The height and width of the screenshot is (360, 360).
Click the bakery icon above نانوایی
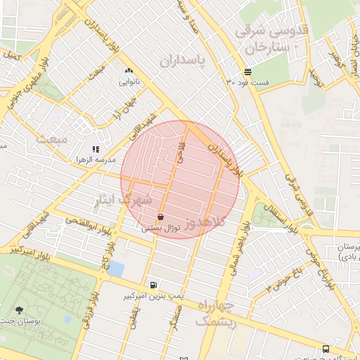click(x=129, y=70)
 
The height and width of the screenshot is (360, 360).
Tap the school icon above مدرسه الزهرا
click(x=96, y=149)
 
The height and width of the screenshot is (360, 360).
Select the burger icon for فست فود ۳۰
click(x=247, y=72)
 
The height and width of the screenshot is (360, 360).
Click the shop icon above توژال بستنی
click(x=162, y=217)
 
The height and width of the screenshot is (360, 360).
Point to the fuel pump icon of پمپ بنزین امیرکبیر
click(x=153, y=285)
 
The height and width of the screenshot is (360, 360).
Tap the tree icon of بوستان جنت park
click(x=19, y=309)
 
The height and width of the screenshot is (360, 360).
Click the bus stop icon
click(x=326, y=349)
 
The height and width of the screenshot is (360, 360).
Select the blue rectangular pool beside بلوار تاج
click(x=116, y=269)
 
